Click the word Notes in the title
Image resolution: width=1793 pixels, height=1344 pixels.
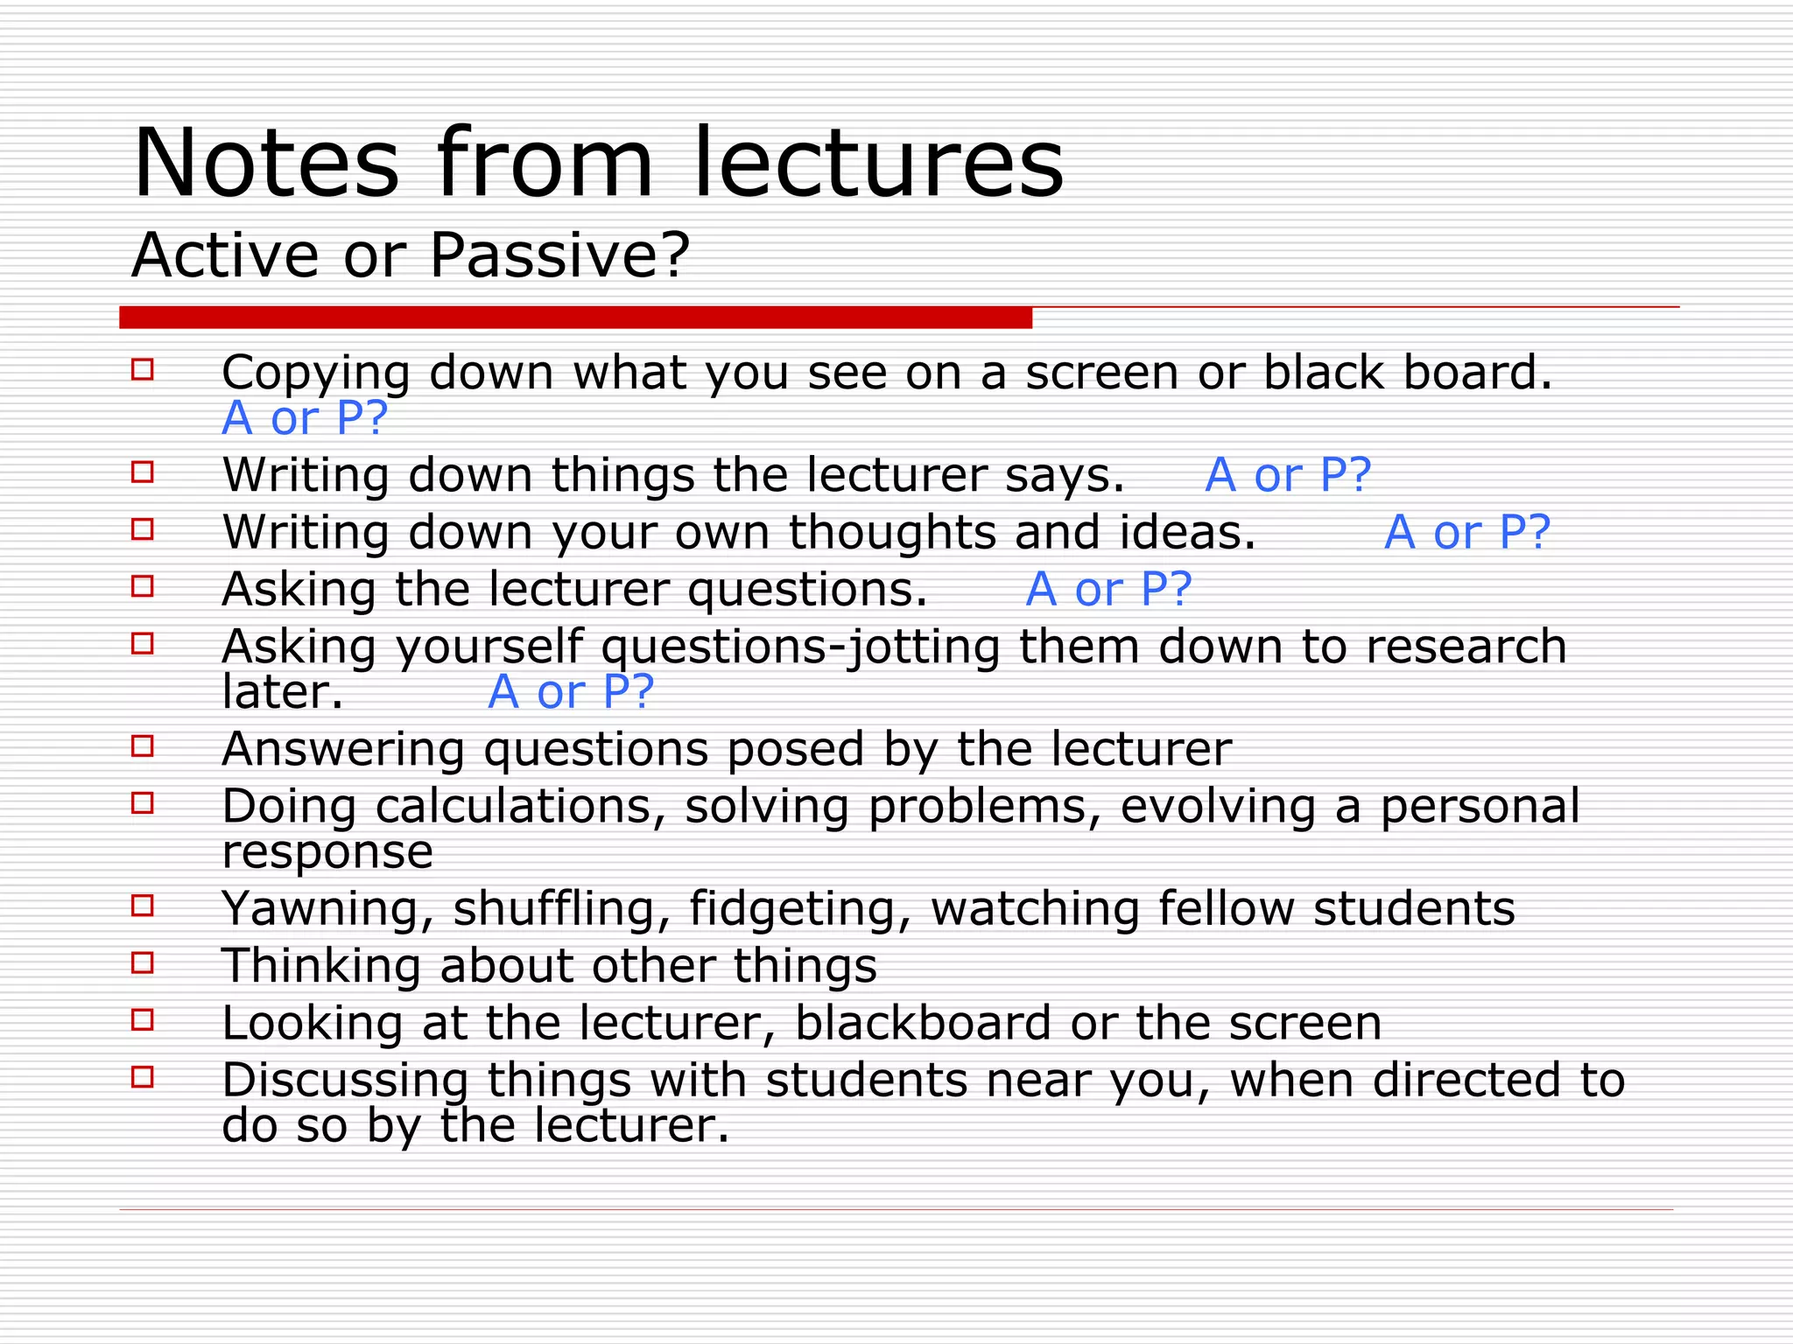coord(266,164)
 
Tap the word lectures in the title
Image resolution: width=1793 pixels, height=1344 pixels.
coord(878,164)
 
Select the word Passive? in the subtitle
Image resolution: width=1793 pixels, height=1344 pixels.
coord(559,255)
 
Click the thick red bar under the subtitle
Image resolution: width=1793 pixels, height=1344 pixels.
coord(575,318)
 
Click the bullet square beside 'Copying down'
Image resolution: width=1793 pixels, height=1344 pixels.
coord(143,369)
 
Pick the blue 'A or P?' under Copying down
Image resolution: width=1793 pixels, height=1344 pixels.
coord(305,418)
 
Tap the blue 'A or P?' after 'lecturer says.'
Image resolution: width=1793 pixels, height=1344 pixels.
coord(1288,475)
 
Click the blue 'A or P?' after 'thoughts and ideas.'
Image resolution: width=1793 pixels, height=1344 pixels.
coord(1467,532)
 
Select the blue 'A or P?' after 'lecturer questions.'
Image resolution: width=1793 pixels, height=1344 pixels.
coord(1108,589)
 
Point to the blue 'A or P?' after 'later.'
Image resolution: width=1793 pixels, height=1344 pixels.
coord(571,692)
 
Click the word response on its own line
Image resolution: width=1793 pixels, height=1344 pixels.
coord(327,851)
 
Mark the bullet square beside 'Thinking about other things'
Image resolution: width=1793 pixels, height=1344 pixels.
coord(143,962)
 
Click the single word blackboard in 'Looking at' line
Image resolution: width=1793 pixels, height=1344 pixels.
coord(923,1023)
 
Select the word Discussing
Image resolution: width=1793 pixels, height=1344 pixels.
coord(345,1080)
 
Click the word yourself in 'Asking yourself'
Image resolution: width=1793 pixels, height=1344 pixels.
coord(489,647)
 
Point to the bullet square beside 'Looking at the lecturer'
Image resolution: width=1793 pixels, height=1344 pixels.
coord(143,1019)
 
